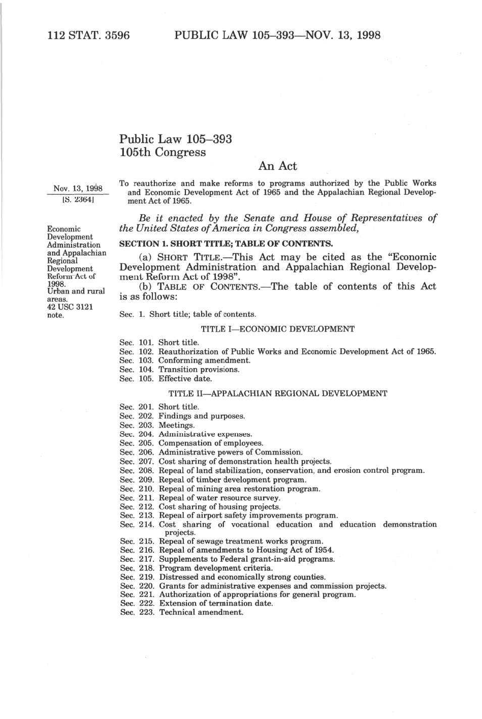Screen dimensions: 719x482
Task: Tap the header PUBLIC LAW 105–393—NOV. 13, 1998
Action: pyautogui.click(x=277, y=35)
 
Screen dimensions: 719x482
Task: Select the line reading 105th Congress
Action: pyautogui.click(x=163, y=152)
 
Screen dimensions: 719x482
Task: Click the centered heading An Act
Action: pyautogui.click(x=277, y=166)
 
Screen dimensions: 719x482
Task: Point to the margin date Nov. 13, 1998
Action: pyautogui.click(x=78, y=189)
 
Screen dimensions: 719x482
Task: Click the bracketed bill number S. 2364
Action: pyautogui.click(x=78, y=199)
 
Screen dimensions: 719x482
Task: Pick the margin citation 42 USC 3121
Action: pyautogui.click(x=70, y=307)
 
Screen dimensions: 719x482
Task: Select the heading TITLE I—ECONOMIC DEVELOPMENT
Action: pyautogui.click(x=277, y=329)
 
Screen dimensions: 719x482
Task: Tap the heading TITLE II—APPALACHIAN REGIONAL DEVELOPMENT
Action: pyautogui.click(x=277, y=394)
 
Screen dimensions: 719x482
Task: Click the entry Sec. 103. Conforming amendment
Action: pyautogui.click(x=185, y=361)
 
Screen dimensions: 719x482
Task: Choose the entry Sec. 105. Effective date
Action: pyautogui.click(x=166, y=379)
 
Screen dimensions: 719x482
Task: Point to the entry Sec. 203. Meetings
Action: pyautogui.click(x=157, y=425)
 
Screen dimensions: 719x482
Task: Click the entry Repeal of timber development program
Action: pyautogui.click(x=233, y=480)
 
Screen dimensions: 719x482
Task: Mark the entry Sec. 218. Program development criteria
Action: pyautogui.click(x=197, y=568)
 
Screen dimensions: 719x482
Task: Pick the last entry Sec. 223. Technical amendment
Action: pyautogui.click(x=182, y=612)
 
